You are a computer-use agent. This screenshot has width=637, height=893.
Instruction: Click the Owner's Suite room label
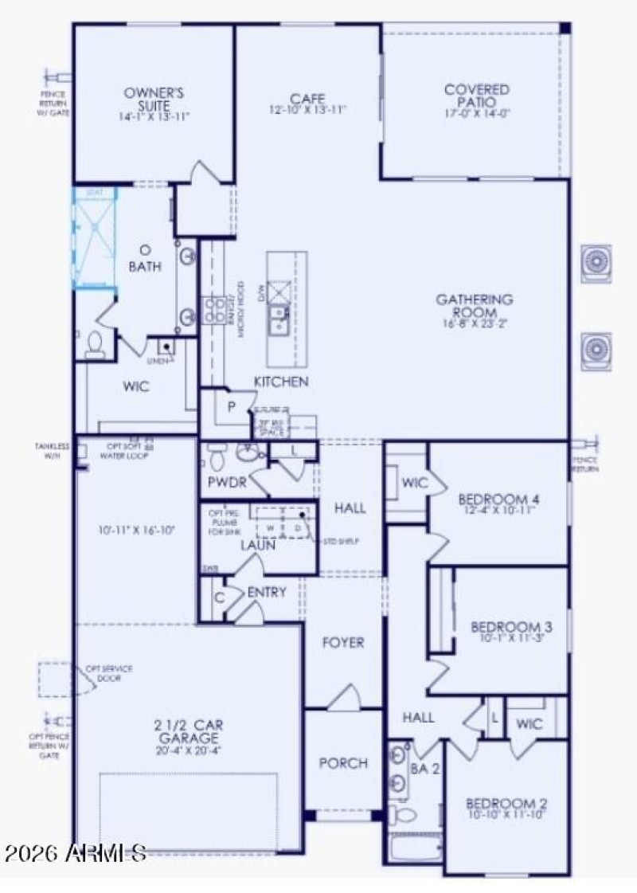154,99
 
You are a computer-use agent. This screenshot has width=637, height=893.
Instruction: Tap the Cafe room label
307,99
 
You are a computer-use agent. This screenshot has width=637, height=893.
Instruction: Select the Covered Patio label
477,96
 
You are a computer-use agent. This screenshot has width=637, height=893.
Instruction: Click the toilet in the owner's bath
95,343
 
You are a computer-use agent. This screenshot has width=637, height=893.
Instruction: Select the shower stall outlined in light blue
95,237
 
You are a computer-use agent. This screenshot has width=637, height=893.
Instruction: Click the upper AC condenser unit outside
596,260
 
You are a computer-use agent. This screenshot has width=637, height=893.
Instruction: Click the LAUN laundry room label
258,546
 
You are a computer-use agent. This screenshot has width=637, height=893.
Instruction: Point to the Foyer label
342,642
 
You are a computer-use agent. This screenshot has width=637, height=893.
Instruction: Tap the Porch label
343,763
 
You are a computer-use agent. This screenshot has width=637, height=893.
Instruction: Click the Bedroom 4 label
498,499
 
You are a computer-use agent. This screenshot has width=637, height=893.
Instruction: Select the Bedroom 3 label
511,626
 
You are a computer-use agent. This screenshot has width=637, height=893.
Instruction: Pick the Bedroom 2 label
506,802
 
